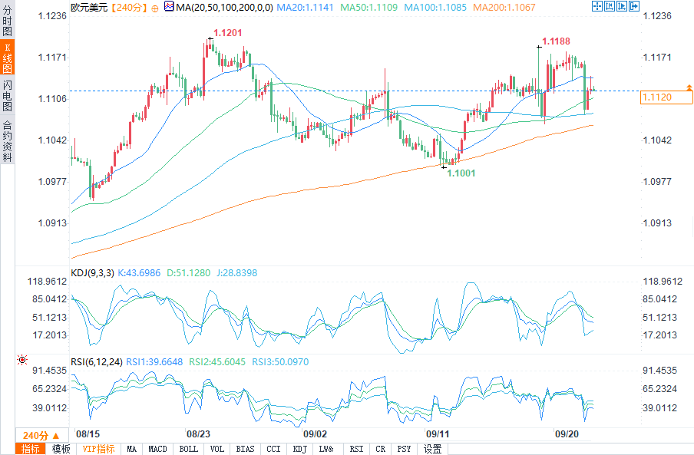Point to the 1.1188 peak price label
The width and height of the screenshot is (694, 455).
(557, 41)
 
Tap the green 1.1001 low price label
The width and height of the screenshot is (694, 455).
(462, 173)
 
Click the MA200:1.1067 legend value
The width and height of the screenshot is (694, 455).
(504, 7)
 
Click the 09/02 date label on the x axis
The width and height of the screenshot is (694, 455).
(316, 434)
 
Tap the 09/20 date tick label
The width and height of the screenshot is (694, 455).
(567, 434)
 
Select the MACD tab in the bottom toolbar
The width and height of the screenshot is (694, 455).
(157, 449)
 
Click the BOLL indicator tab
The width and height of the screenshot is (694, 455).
(188, 449)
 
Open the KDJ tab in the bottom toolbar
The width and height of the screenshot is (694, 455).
(299, 449)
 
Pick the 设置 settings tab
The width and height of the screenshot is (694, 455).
(433, 449)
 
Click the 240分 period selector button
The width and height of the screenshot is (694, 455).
(40, 434)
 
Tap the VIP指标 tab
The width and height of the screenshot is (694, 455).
(98, 449)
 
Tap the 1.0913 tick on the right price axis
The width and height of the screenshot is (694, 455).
(656, 223)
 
